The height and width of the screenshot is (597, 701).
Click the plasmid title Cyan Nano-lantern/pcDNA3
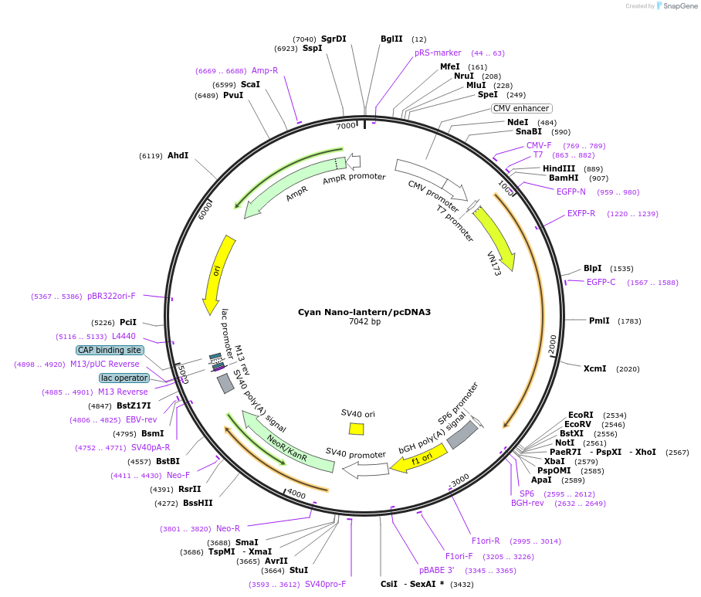click(x=364, y=312)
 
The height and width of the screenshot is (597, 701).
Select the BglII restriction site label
click(x=391, y=39)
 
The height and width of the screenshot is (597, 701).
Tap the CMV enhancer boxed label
click(x=522, y=108)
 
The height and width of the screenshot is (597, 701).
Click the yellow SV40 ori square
click(x=356, y=429)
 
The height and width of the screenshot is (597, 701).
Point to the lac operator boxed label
click(x=124, y=378)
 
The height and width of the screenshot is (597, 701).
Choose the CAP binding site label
click(x=110, y=350)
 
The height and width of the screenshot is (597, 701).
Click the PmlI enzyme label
click(x=599, y=321)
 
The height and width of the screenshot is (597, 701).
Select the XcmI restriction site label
click(x=594, y=368)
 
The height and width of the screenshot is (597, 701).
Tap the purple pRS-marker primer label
click(x=438, y=53)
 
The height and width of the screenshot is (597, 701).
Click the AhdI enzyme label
click(x=178, y=155)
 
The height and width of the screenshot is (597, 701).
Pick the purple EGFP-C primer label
click(x=601, y=282)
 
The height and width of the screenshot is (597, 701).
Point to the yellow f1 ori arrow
click(x=418, y=461)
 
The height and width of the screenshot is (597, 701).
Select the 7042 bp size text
click(x=364, y=322)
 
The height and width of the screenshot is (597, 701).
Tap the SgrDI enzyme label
click(x=334, y=39)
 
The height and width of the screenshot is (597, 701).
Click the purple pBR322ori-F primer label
click(x=111, y=296)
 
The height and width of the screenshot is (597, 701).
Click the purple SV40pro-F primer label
click(x=325, y=584)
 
